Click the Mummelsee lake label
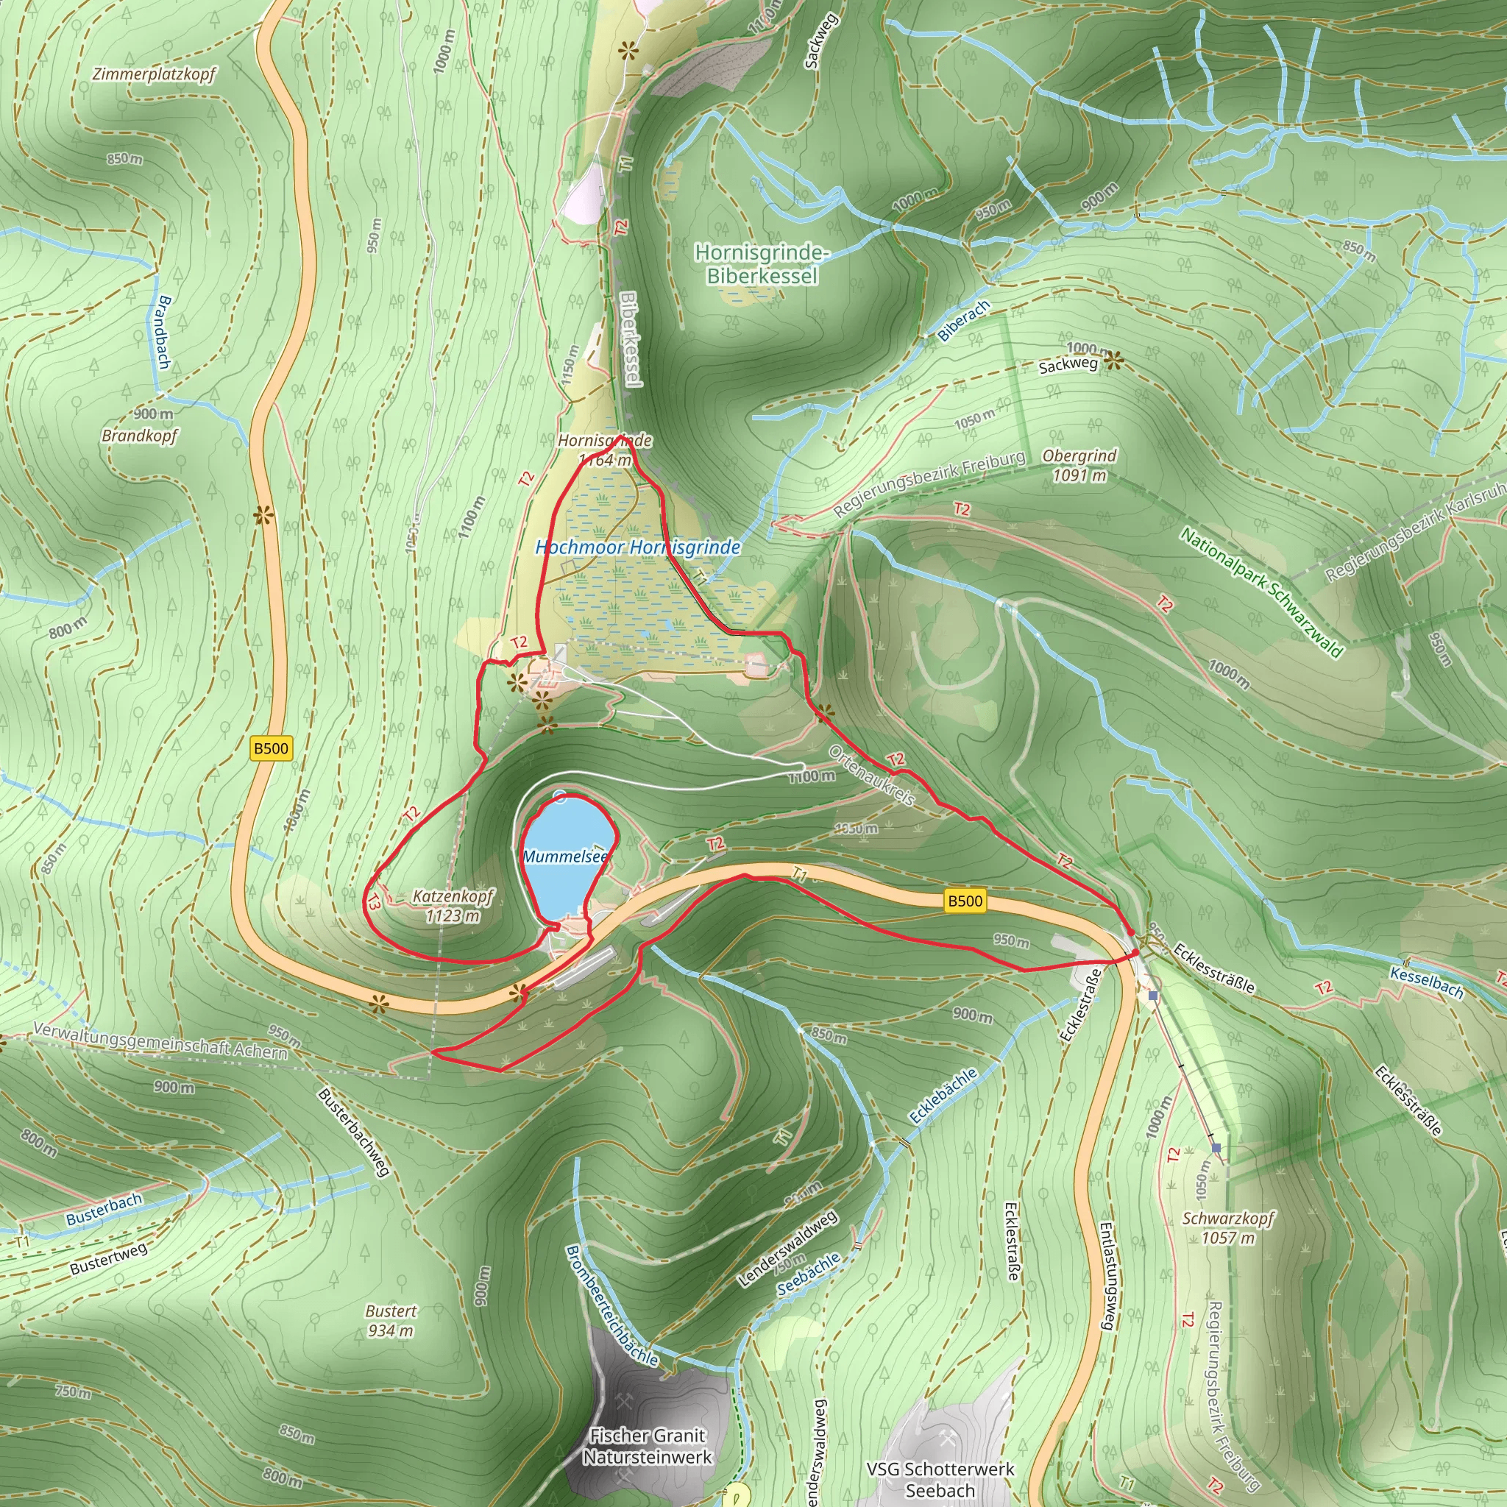point(564,857)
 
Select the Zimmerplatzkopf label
point(154,74)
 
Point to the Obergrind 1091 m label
point(1079,465)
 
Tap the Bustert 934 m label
point(391,1321)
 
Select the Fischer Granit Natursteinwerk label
point(648,1445)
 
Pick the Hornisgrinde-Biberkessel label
point(762,263)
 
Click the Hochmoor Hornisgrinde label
point(637,547)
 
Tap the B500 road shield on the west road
point(271,749)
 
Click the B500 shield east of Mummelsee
point(964,901)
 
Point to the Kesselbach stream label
point(1427,982)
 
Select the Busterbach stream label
point(104,1208)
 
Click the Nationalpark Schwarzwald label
point(1261,592)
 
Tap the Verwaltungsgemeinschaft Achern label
point(160,1040)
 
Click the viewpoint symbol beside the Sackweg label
point(1113,361)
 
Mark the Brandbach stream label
point(164,332)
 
